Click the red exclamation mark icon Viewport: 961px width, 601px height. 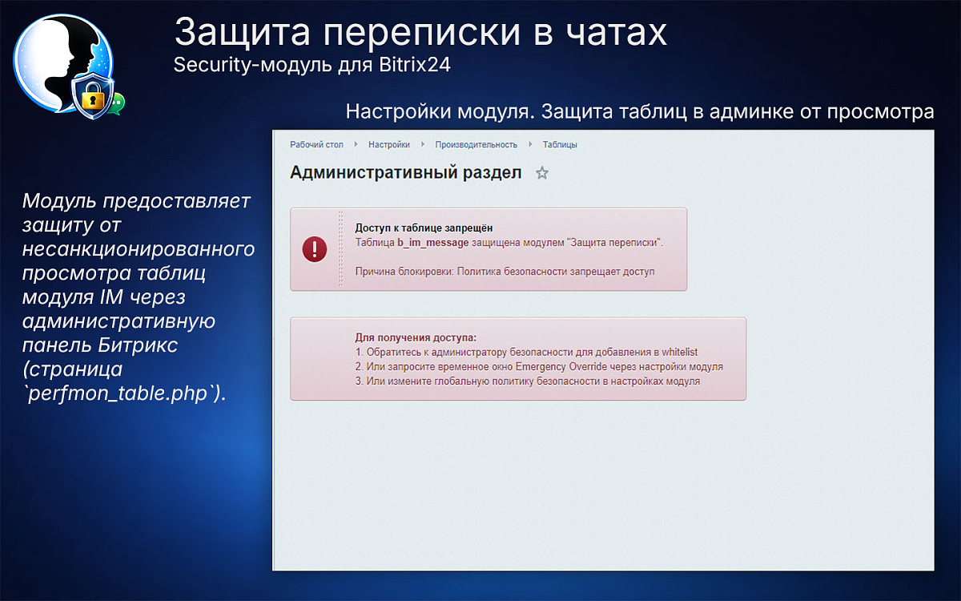(x=315, y=249)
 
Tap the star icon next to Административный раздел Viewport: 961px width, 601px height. (x=542, y=173)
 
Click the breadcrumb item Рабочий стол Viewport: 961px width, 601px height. (x=316, y=145)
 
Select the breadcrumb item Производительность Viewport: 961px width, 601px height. (x=476, y=145)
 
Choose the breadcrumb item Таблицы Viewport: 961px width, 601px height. (x=560, y=145)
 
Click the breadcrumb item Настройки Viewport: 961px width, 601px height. (x=389, y=145)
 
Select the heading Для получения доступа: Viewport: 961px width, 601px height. (x=416, y=337)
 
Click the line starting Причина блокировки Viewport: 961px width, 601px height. (x=505, y=272)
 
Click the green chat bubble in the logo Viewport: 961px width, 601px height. (x=118, y=103)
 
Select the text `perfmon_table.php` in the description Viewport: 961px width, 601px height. (x=119, y=395)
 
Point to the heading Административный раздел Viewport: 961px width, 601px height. (x=405, y=172)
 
